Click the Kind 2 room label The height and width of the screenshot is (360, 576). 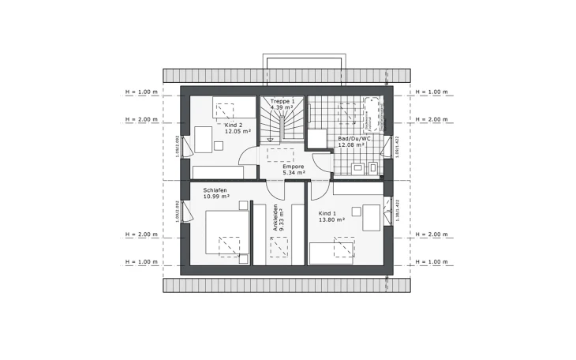233,126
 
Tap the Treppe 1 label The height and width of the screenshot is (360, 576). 282,102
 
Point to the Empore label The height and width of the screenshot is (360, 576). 282,167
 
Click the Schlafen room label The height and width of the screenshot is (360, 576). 215,189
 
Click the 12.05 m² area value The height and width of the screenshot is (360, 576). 238,132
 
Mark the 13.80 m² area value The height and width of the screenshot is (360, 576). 332,219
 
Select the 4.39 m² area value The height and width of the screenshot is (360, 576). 282,108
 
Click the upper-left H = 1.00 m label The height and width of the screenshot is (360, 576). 142,92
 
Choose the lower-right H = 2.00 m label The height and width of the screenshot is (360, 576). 432,234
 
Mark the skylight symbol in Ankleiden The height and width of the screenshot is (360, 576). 279,249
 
